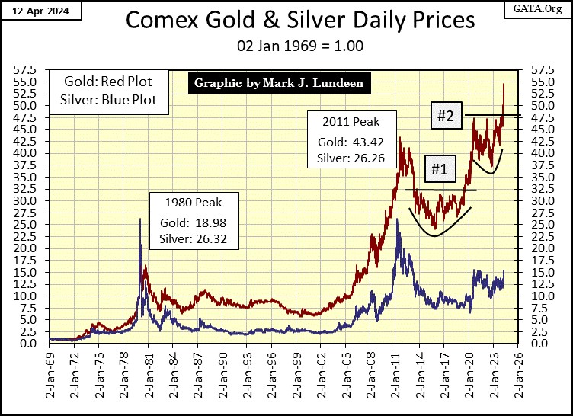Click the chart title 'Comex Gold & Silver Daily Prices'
[x=286, y=21]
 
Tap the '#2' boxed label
[x=446, y=117]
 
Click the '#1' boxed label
[x=438, y=169]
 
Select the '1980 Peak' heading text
[x=193, y=204]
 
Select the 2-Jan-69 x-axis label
[x=50, y=370]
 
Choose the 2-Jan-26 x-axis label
[x=519, y=370]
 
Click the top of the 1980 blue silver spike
[x=139, y=219]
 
